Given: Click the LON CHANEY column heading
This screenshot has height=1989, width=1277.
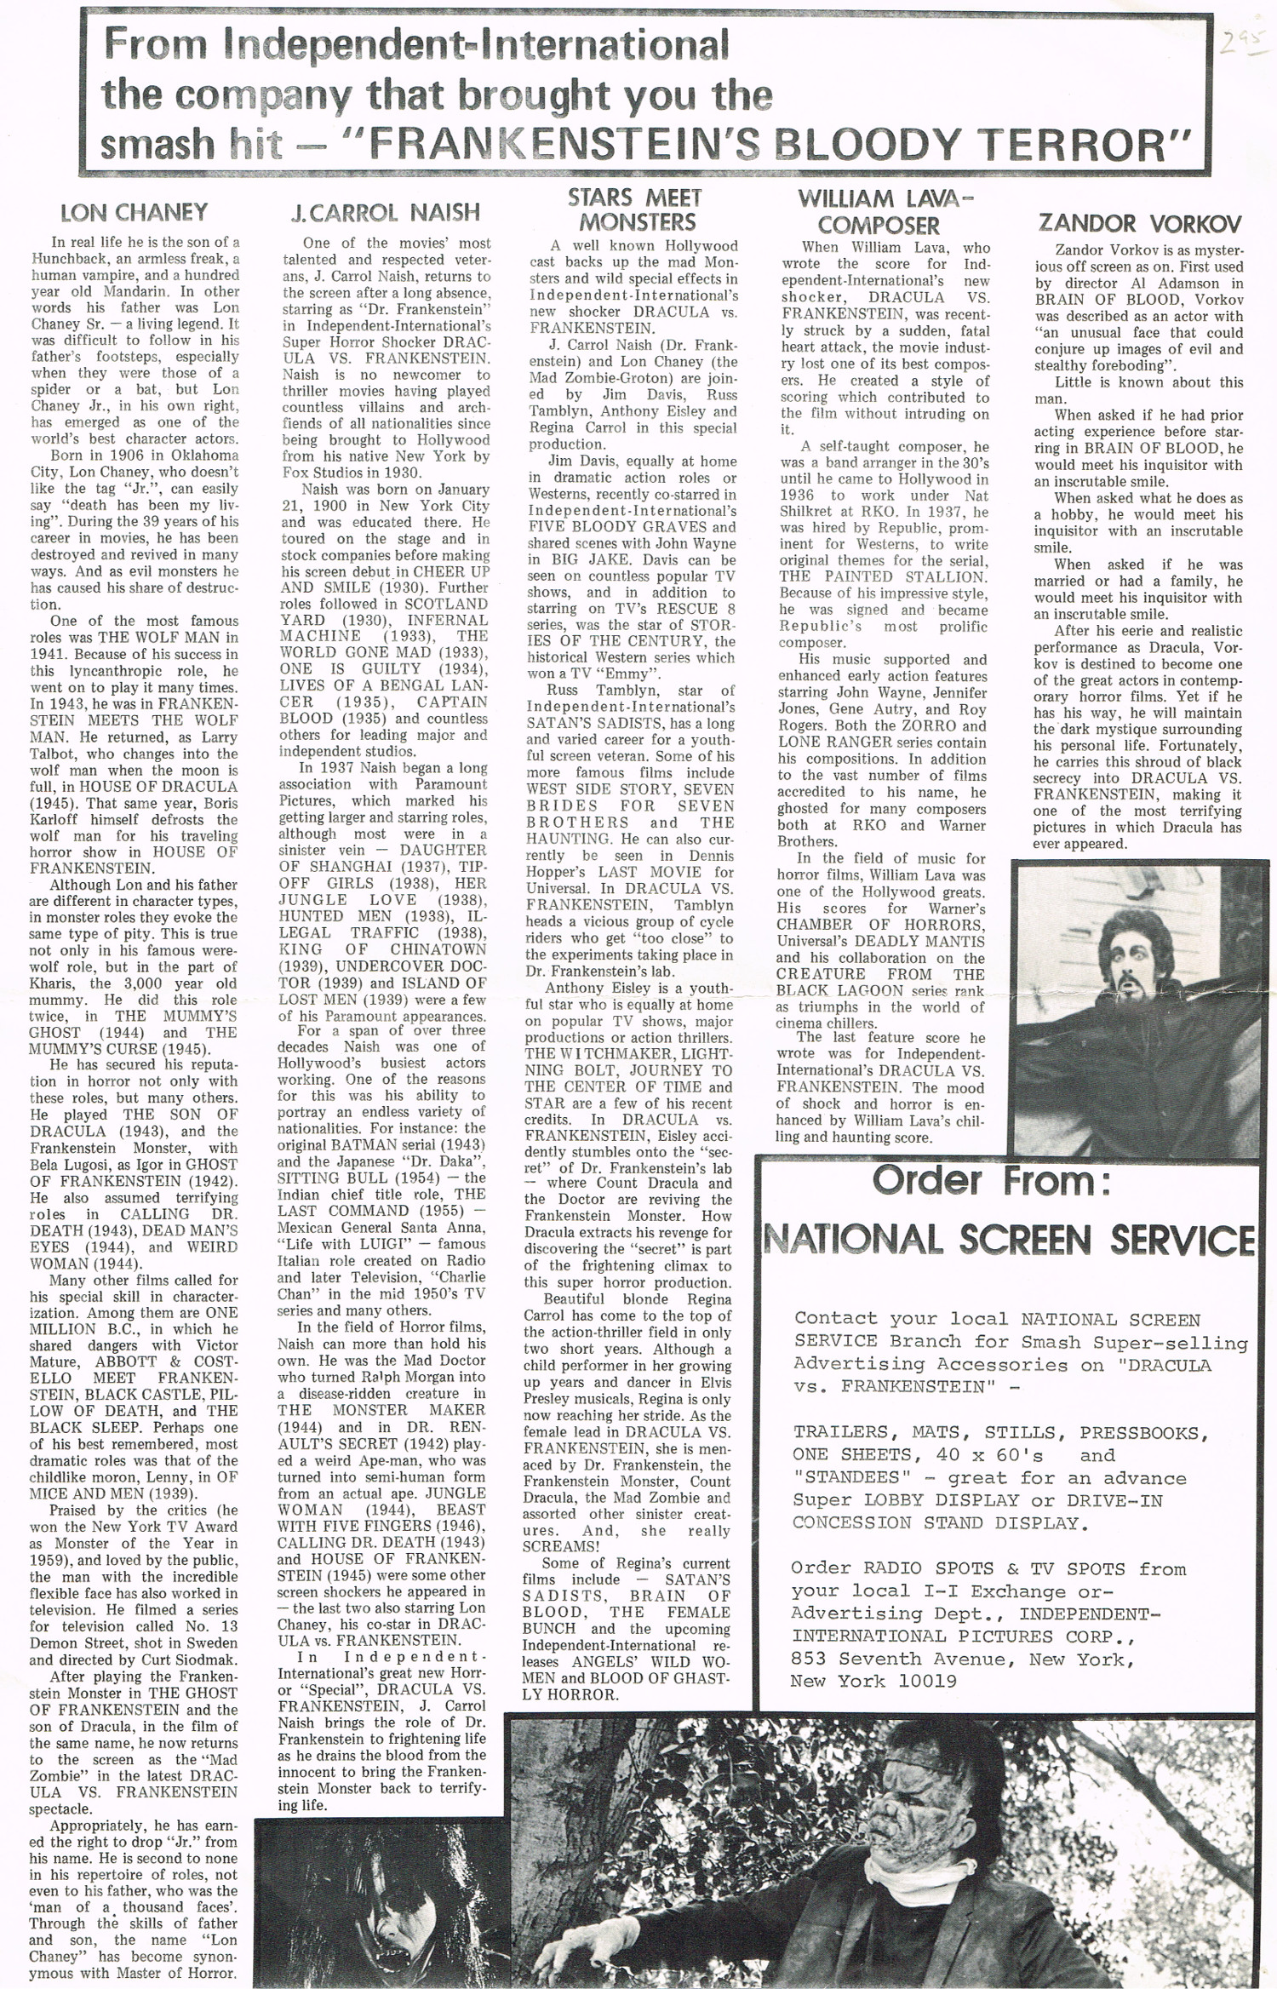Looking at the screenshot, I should (134, 212).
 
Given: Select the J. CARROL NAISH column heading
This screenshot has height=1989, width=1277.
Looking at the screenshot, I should (386, 212).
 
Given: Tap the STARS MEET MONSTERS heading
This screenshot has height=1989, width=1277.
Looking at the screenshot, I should (636, 209).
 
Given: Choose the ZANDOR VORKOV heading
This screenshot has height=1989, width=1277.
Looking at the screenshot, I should (1139, 224).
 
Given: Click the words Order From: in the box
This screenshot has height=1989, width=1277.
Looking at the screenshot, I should (992, 1182).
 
